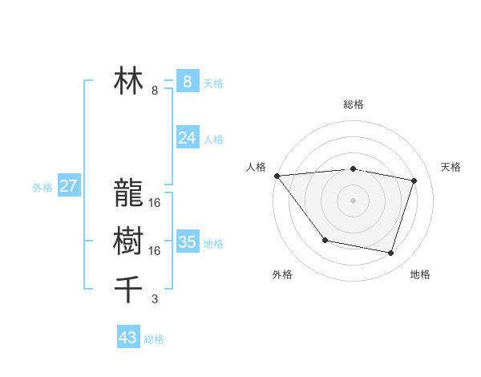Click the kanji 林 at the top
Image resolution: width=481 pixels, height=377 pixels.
point(128,82)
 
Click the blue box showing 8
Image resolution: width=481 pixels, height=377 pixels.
point(187,82)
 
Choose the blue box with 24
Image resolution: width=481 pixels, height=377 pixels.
point(187,138)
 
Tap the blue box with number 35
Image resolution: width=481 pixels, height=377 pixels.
point(187,242)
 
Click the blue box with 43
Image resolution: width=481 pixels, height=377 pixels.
point(128,338)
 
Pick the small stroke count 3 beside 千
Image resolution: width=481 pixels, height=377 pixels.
point(155,299)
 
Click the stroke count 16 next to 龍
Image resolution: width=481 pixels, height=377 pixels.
point(155,203)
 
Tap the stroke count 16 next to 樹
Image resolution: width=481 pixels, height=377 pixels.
point(155,251)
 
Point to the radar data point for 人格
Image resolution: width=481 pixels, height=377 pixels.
point(277,176)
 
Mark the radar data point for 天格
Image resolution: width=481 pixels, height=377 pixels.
point(414,180)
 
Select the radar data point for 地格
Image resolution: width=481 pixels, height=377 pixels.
point(391,253)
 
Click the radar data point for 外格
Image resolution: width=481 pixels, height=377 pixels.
point(325,240)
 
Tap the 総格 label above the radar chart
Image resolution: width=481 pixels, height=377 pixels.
point(354,104)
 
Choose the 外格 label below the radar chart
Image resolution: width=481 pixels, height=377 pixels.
point(282,274)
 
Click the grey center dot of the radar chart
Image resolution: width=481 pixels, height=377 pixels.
point(353,200)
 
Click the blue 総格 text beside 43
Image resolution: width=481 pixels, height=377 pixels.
point(154,339)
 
